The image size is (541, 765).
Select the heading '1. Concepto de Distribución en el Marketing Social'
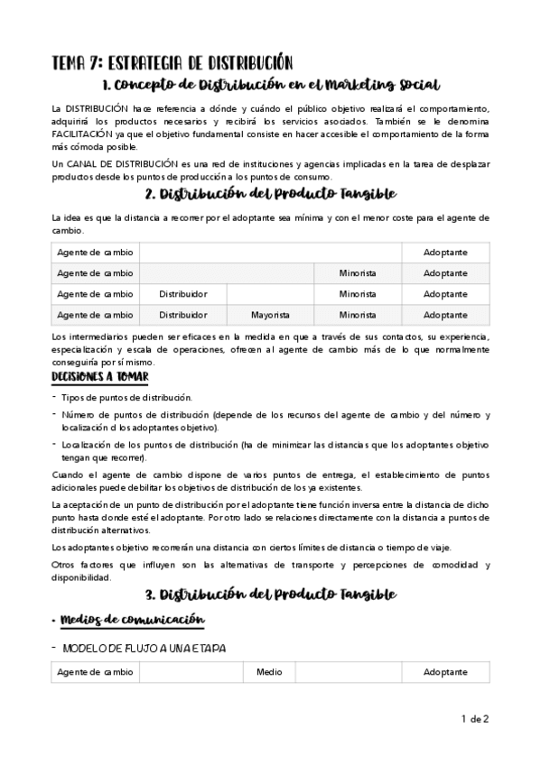point(271,86)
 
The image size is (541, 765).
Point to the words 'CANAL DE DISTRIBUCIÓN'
point(117,164)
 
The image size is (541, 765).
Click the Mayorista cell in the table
point(270,315)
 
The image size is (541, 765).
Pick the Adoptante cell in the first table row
point(445,252)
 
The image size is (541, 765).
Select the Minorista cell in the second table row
point(358,272)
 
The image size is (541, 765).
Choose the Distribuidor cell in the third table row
point(183,294)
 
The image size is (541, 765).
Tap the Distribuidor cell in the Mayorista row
point(183,315)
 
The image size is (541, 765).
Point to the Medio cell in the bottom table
point(269,672)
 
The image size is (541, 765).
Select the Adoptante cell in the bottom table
point(445,672)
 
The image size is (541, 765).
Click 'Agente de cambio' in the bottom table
point(95,672)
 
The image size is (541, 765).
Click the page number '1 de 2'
point(474,719)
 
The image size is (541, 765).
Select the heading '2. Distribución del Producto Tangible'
point(270,195)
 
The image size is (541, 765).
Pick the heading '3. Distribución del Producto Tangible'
point(270,594)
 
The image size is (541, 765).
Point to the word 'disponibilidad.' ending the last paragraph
point(83,577)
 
